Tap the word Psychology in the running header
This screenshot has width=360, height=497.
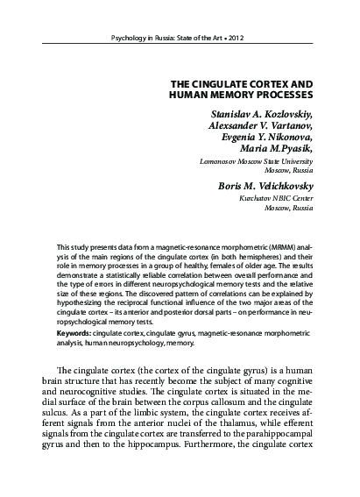[125, 40]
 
